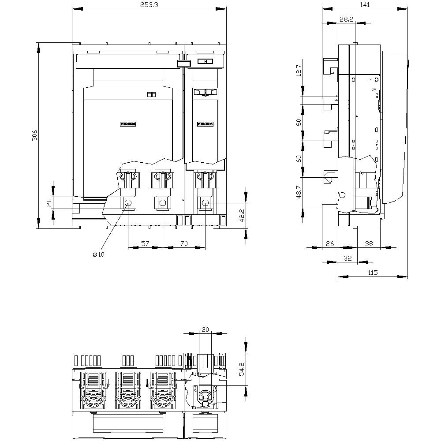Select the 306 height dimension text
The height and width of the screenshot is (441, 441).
34,136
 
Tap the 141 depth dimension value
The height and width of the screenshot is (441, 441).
365,5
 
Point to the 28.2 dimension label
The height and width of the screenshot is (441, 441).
346,19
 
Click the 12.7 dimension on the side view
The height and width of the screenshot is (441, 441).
299,71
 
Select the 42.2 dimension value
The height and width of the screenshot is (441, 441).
242,216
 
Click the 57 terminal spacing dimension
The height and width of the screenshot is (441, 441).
145,243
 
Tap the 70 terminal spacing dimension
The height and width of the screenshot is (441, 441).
184,243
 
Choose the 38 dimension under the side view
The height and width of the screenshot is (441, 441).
369,243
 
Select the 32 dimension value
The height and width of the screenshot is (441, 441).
348,258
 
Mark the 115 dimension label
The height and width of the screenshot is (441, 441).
373,273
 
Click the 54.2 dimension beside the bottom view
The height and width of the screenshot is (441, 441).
242,369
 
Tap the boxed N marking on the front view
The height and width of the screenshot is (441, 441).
205,62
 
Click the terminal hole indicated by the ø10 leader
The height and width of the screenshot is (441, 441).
128,203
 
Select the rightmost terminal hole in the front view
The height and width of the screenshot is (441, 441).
205,203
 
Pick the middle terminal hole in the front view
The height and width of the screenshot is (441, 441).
163,203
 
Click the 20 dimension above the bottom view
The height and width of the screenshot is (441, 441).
205,329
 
